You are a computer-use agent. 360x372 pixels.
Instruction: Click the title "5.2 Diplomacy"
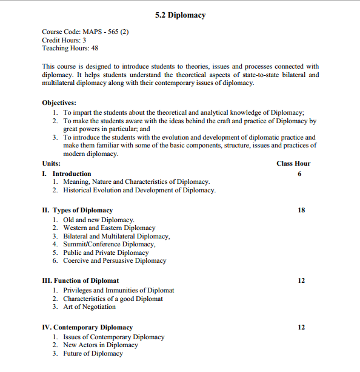click(180, 15)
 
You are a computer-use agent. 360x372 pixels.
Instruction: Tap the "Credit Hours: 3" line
click(64, 40)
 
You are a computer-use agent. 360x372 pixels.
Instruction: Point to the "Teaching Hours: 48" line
click(70, 49)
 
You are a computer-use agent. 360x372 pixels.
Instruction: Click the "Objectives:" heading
click(59, 103)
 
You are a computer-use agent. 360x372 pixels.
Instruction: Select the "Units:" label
click(52, 163)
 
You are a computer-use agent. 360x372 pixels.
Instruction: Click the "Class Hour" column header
click(293, 163)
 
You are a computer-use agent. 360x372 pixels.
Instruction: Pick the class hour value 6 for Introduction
click(299, 174)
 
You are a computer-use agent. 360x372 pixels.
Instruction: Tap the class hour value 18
click(301, 210)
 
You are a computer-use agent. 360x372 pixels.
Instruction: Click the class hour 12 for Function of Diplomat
click(301, 280)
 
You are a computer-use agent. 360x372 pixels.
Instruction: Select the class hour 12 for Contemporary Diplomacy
click(301, 327)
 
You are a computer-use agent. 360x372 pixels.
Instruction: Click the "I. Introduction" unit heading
click(67, 174)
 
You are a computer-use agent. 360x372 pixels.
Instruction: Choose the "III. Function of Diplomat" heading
click(81, 280)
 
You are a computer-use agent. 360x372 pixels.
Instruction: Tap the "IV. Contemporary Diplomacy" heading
click(87, 327)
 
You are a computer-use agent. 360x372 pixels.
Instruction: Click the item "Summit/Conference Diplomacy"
click(109, 245)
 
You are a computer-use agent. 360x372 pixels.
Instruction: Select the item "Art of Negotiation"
click(89, 307)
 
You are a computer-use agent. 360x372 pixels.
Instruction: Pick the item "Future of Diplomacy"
click(93, 353)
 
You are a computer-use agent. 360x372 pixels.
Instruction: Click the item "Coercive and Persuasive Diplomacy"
click(115, 261)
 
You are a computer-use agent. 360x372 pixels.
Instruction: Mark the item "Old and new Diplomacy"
click(98, 220)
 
